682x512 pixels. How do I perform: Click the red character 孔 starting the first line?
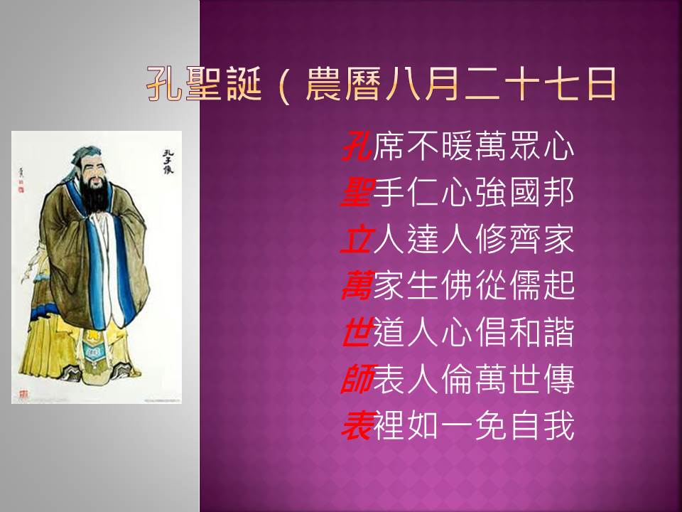pos(357,146)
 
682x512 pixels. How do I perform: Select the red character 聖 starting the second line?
pos(357,193)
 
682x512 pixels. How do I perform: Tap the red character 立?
pos(357,239)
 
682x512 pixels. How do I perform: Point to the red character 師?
pos(357,378)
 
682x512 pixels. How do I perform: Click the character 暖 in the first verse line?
pos(457,146)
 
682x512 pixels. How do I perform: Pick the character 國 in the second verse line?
pos(525,193)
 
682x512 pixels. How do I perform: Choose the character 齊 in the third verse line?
pos(525,239)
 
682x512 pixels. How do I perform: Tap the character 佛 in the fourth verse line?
pos(457,286)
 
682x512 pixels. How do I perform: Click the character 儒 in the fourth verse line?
pos(525,286)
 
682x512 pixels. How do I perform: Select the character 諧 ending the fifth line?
pos(559,332)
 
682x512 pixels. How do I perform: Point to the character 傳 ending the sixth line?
pos(559,378)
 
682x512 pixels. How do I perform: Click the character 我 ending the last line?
pos(559,425)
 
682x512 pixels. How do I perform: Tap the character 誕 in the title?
pos(244,84)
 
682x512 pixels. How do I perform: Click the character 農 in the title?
pos(324,84)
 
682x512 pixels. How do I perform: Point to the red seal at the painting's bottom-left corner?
pos(23,394)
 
